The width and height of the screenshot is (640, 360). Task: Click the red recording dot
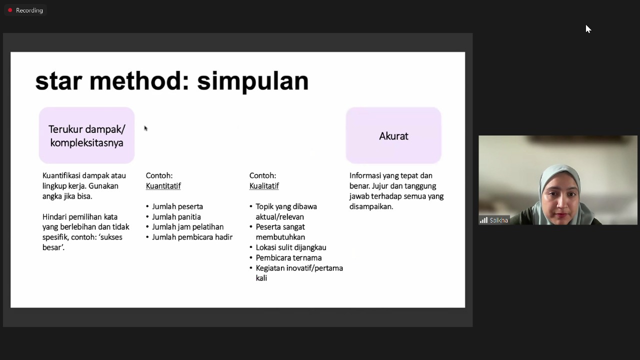click(x=10, y=10)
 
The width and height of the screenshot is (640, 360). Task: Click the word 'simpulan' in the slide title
click(x=253, y=82)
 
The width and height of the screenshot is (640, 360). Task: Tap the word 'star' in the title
click(x=59, y=81)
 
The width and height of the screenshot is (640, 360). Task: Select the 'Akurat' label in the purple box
click(x=393, y=136)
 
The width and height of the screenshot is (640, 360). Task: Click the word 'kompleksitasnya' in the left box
click(x=86, y=143)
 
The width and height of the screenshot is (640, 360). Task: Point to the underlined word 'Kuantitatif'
click(x=163, y=186)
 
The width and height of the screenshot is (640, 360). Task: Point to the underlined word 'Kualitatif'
click(x=264, y=186)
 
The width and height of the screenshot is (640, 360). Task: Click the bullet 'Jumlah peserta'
click(x=177, y=206)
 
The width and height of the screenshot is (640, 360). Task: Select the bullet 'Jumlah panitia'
click(x=176, y=217)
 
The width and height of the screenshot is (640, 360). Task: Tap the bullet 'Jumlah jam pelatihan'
click(x=187, y=227)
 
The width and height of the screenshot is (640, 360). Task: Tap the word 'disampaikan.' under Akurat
click(x=371, y=206)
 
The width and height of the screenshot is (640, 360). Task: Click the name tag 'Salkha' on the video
click(x=498, y=220)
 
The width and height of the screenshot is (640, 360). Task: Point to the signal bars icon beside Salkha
click(x=483, y=220)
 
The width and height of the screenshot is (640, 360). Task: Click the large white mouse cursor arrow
click(x=588, y=29)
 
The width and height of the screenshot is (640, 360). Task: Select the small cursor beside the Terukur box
click(x=145, y=128)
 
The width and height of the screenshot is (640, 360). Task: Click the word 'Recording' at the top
click(x=29, y=10)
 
